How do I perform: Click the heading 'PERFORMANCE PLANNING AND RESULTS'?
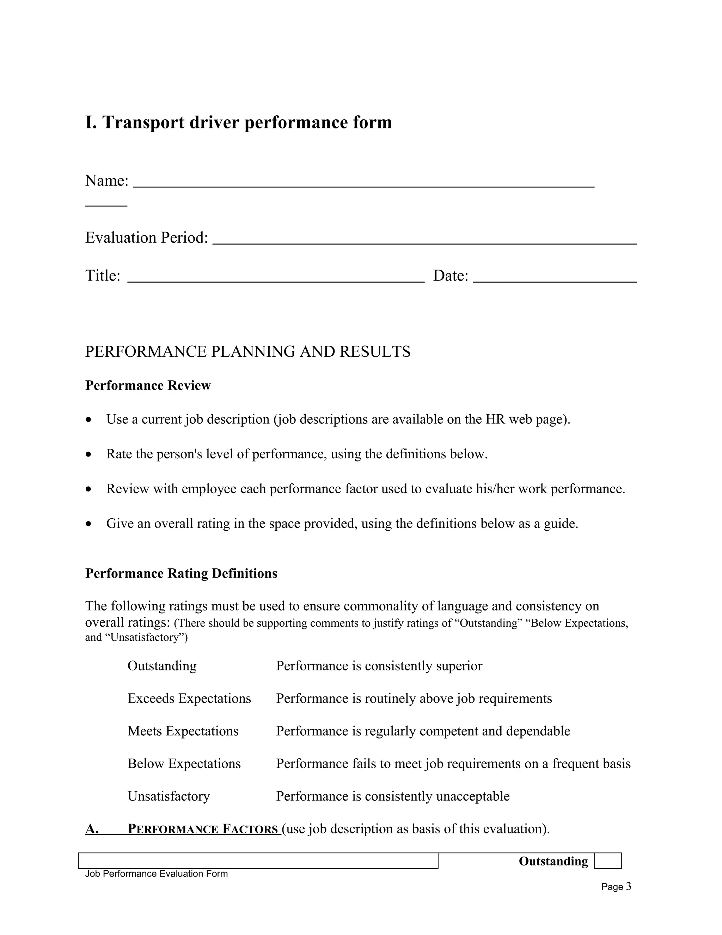pyautogui.click(x=247, y=351)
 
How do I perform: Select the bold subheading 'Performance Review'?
pyautogui.click(x=148, y=385)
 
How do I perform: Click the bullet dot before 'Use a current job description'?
pyautogui.click(x=88, y=420)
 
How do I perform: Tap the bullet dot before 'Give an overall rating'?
pyautogui.click(x=88, y=524)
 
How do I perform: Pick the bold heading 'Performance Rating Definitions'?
pyautogui.click(x=181, y=573)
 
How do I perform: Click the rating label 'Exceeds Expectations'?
pyautogui.click(x=189, y=698)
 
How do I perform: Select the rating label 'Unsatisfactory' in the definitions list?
pyautogui.click(x=169, y=796)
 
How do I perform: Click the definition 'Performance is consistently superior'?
pyautogui.click(x=379, y=666)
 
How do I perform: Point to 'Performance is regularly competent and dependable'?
pyautogui.click(x=423, y=731)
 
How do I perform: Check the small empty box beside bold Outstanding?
pyautogui.click(x=607, y=861)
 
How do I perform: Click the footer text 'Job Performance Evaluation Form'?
pyautogui.click(x=156, y=874)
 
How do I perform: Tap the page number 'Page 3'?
pyautogui.click(x=616, y=887)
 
